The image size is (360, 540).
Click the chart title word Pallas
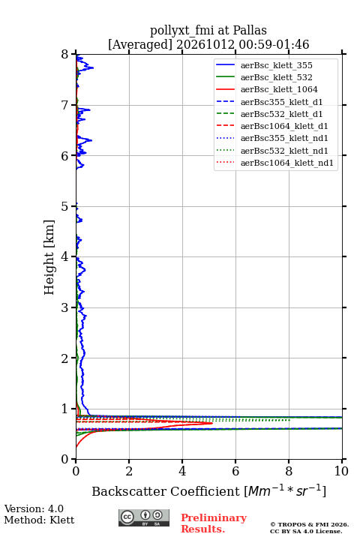(250, 31)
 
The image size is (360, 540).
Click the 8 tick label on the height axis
(65, 54)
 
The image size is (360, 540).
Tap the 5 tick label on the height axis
(65, 206)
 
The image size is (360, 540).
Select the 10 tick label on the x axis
(341, 471)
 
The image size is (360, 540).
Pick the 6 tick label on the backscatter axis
(235, 471)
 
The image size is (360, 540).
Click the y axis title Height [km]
(49, 257)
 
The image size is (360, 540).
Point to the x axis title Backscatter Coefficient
(166, 491)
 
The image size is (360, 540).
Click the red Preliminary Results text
(214, 523)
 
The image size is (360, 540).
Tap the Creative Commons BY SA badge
(144, 518)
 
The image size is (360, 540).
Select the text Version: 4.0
(34, 508)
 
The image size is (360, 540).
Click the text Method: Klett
(39, 520)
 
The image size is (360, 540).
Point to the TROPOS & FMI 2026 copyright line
(309, 524)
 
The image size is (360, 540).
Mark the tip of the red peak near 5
(212, 423)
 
